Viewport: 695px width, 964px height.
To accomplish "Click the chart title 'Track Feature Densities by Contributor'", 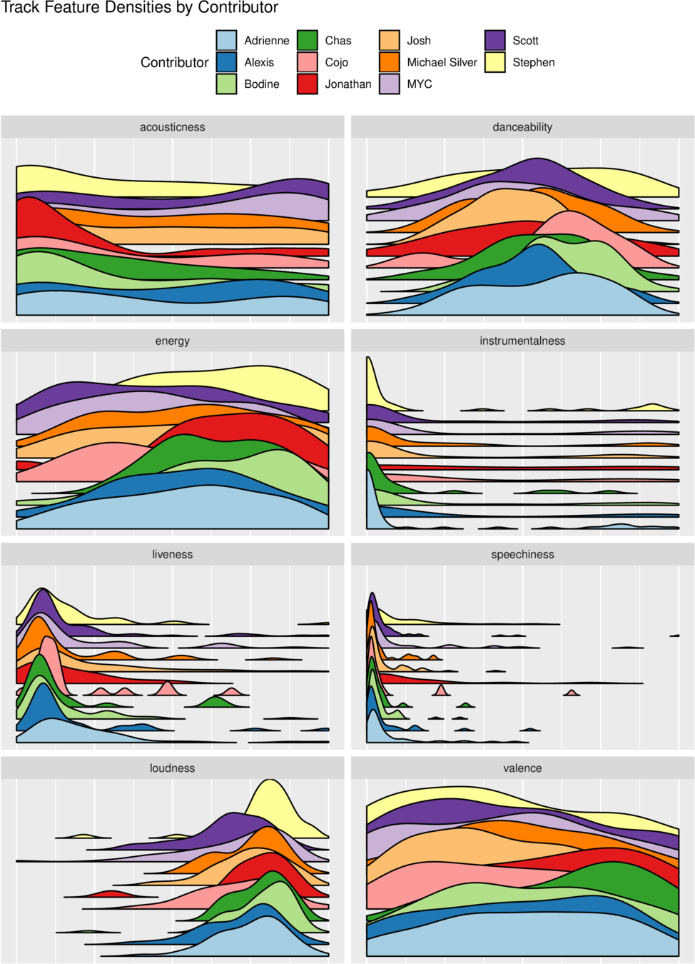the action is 140,7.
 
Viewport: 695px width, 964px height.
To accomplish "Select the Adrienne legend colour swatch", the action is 226,41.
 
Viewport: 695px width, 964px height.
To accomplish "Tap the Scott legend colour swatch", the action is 494,41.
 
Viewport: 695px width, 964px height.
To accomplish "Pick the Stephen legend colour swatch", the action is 494,62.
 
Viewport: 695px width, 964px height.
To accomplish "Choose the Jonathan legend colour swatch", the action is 307,84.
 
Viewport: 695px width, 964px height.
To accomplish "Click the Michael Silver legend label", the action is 442,62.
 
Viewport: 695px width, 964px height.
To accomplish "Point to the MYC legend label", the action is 420,84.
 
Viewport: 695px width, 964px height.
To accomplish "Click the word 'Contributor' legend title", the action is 175,62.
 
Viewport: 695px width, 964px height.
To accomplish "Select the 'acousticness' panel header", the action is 173,127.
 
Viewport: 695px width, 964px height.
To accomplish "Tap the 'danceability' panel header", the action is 522,127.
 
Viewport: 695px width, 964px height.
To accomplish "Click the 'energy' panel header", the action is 173,341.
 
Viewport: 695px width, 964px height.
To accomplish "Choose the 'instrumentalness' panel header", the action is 522,341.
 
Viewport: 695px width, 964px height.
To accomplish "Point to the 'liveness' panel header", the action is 173,554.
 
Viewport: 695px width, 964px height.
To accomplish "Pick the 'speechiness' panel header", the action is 522,554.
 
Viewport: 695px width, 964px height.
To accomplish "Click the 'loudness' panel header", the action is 173,768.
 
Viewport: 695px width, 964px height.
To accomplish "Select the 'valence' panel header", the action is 522,768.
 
